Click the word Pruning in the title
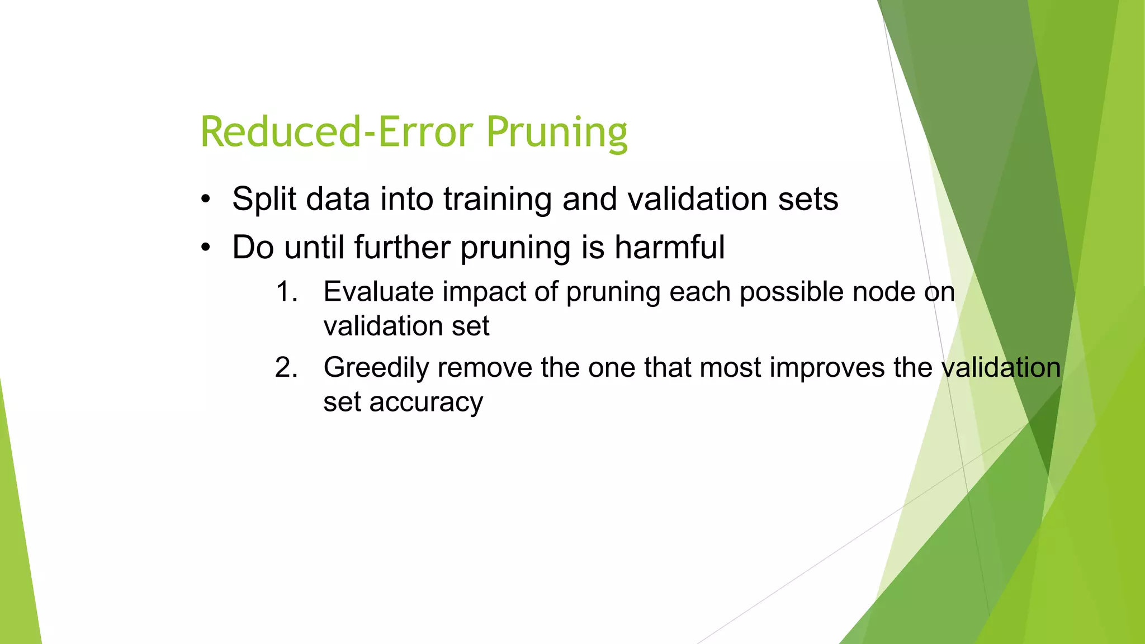(x=556, y=133)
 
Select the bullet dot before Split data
(x=206, y=199)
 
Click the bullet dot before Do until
(x=206, y=247)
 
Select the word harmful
(x=669, y=247)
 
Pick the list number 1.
(x=287, y=292)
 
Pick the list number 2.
(x=286, y=368)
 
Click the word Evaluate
(x=378, y=292)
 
